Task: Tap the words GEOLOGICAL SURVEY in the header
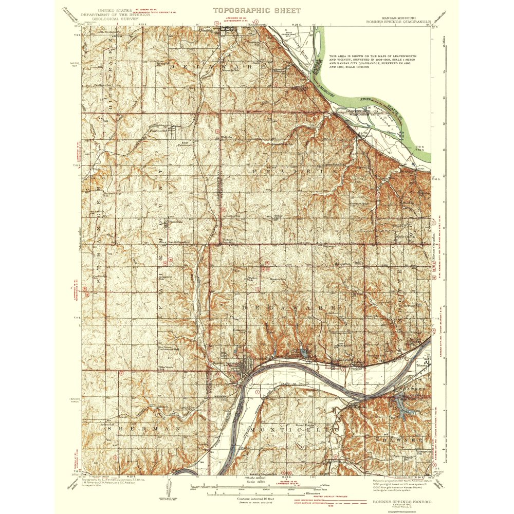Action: pos(118,18)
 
